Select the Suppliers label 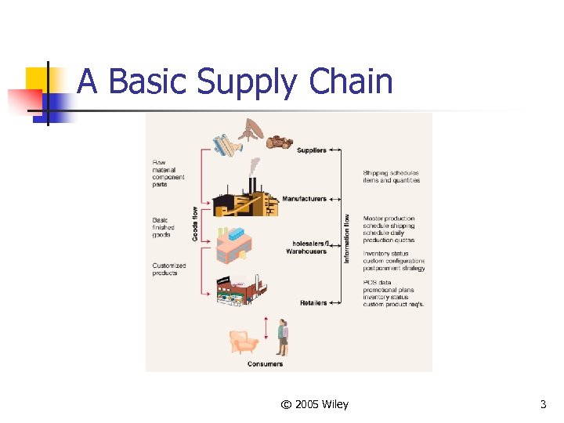point(312,150)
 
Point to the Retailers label point(313,303)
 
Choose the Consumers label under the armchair point(266,363)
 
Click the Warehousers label point(306,251)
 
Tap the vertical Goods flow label point(195,223)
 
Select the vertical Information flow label point(347,239)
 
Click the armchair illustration point(242,342)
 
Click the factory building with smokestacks point(246,199)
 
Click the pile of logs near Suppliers point(280,142)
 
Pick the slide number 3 point(543,404)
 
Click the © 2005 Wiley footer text point(314,404)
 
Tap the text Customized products point(169,269)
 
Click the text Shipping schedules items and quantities point(391,176)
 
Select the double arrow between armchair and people point(266,329)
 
